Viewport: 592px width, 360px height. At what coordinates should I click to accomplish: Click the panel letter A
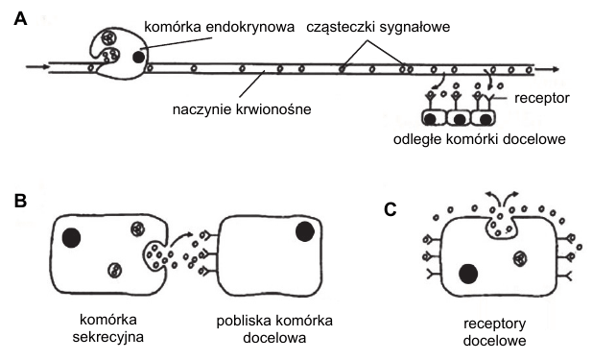[20, 18]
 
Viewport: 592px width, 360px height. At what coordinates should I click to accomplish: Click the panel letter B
[20, 201]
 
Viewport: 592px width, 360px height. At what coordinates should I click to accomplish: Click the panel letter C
[391, 209]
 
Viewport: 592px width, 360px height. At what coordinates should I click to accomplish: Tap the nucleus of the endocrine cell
[138, 57]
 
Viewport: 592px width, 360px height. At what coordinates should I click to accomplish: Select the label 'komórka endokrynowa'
[220, 27]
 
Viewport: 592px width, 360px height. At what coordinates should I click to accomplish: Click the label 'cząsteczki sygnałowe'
[378, 27]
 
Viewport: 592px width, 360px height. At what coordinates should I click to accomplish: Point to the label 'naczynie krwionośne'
[242, 109]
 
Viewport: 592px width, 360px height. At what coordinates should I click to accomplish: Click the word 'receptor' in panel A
[542, 98]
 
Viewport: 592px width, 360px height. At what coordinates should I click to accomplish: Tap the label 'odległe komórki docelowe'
[480, 139]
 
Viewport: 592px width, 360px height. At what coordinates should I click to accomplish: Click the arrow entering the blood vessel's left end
[37, 67]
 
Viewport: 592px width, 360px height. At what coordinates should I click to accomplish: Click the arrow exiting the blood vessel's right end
[547, 69]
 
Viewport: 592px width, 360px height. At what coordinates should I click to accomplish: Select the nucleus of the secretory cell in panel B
[71, 238]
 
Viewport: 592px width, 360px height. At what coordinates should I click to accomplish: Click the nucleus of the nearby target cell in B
[305, 231]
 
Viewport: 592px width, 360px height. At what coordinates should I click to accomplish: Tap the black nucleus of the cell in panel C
[468, 274]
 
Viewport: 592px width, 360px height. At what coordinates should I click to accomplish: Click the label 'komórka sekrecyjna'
[108, 328]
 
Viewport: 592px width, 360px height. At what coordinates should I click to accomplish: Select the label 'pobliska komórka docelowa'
[274, 329]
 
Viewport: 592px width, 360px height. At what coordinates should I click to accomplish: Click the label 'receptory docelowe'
[494, 332]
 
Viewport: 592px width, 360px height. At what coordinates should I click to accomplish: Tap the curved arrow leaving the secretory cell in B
[180, 239]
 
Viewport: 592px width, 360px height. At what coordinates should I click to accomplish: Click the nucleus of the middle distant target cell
[460, 119]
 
